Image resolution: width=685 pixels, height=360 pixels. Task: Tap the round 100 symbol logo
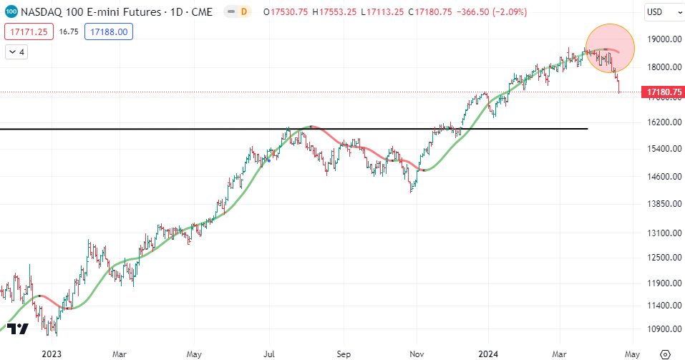tap(11, 11)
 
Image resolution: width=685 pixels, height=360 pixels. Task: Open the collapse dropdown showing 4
tap(16, 52)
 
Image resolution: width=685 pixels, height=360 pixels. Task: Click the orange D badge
tap(244, 11)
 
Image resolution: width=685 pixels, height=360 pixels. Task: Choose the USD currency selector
tap(658, 11)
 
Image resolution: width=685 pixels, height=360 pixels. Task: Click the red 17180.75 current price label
tap(664, 92)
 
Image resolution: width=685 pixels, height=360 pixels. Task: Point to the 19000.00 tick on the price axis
tap(664, 39)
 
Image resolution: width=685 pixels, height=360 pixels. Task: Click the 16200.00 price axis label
tap(664, 122)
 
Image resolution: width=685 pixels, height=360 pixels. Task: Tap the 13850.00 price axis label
tap(664, 204)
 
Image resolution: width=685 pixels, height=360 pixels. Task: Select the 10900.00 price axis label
tap(664, 329)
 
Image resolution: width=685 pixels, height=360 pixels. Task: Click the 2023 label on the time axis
tap(52, 354)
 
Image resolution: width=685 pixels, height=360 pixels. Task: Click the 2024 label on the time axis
tap(488, 354)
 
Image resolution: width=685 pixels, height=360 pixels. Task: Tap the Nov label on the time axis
tap(416, 354)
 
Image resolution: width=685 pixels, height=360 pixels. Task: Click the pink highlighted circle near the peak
tap(610, 47)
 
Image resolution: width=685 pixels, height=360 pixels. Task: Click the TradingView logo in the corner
tap(18, 329)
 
